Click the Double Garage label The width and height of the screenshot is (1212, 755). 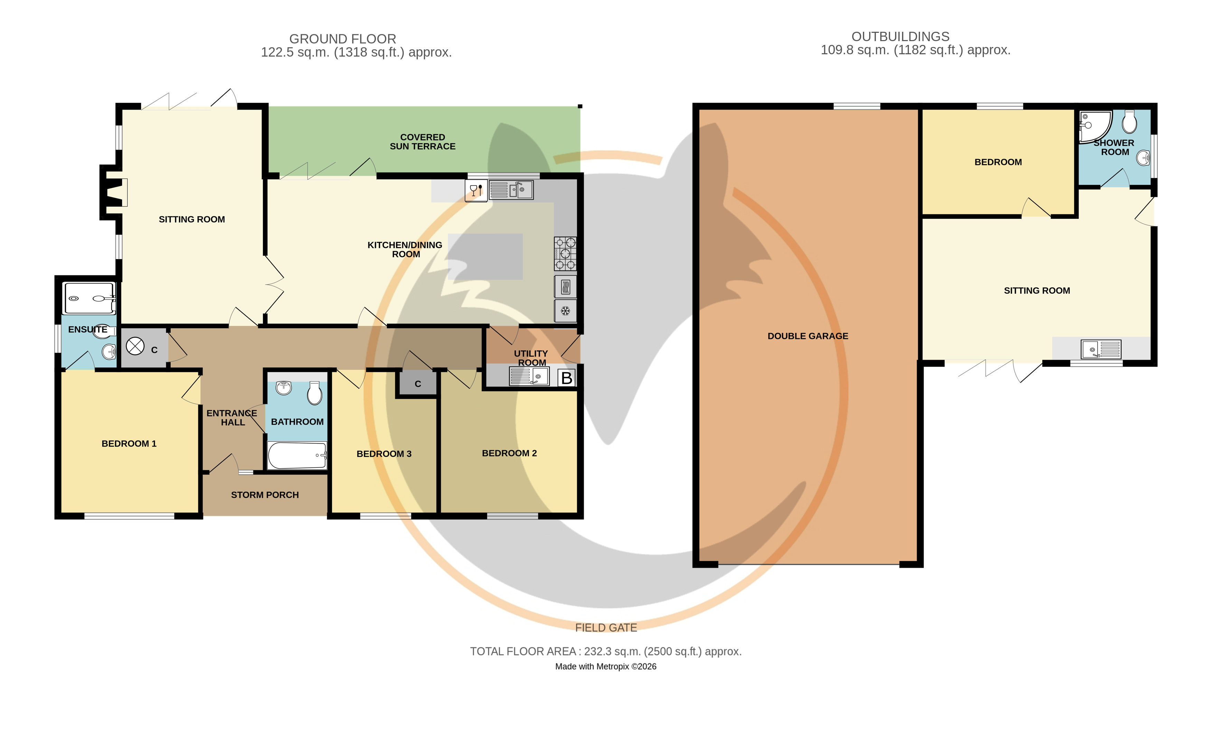pyautogui.click(x=808, y=336)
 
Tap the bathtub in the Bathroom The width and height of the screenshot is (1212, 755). pyautogui.click(x=297, y=455)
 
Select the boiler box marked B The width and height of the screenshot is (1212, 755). pyautogui.click(x=566, y=378)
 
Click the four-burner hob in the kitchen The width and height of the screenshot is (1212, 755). pyautogui.click(x=565, y=254)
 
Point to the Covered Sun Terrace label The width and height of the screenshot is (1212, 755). pyautogui.click(x=422, y=142)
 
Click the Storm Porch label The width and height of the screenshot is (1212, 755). pyautogui.click(x=265, y=495)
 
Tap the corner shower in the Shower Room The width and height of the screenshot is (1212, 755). pyautogui.click(x=1095, y=126)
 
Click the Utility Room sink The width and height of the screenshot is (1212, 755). pyautogui.click(x=529, y=376)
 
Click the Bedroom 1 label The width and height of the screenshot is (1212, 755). pyautogui.click(x=129, y=443)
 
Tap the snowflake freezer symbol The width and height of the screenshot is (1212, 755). pyautogui.click(x=565, y=311)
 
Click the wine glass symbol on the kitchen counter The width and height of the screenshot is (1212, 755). pyautogui.click(x=476, y=191)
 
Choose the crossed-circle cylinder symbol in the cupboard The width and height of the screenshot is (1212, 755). pyautogui.click(x=135, y=346)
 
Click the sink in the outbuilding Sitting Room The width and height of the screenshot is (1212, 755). pyautogui.click(x=1101, y=349)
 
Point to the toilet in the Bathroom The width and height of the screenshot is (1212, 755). pyautogui.click(x=314, y=393)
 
